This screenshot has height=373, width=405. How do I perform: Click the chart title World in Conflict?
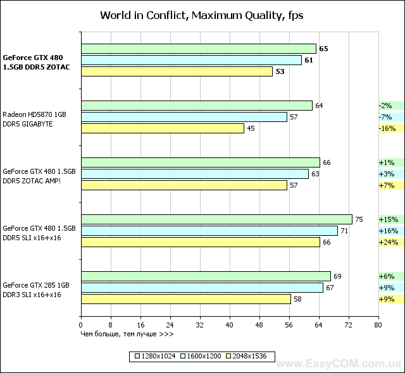coord(202,15)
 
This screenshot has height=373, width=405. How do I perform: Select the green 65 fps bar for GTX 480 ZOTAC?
coord(198,49)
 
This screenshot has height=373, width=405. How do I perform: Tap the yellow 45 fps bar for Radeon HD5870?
coord(162,128)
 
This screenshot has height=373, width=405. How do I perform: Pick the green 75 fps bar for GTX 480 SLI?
coord(216,219)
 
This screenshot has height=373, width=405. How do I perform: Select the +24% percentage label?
coord(386,242)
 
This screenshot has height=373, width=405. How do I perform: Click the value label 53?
coord(280,71)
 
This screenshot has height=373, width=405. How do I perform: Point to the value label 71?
coord(345,231)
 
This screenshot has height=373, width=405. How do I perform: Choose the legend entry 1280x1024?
coord(156,356)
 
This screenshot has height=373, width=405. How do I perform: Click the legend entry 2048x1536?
coord(247,356)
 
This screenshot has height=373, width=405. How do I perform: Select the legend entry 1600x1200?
coord(201,356)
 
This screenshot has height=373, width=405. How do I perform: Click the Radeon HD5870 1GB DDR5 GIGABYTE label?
coord(34,119)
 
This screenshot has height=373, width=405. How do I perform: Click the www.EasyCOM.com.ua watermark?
coord(344,365)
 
